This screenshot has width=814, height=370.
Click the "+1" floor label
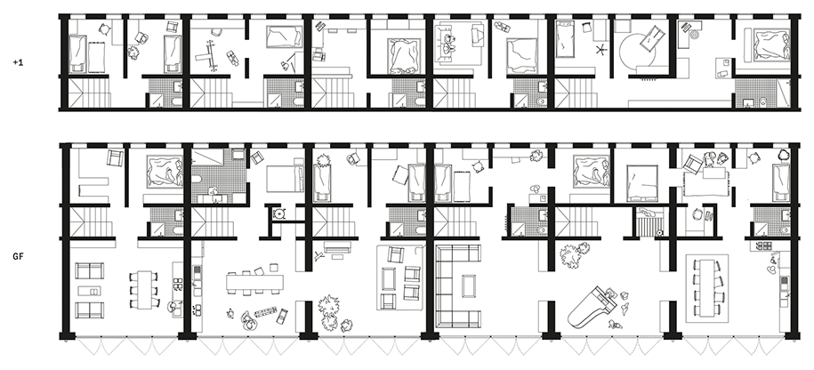point(18,62)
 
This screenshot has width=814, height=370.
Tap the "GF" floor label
point(18,256)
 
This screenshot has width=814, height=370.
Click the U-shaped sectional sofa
point(458,286)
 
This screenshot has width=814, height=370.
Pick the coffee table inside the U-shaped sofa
point(468,286)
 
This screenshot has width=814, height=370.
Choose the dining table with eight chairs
point(706,287)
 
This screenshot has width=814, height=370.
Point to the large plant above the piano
point(575,255)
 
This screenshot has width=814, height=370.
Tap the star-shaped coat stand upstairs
point(601,51)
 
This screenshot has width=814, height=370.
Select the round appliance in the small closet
point(280,213)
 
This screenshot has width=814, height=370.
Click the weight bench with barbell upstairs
point(212,55)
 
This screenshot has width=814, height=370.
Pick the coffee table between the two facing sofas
point(89,291)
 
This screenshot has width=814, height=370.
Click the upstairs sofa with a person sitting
point(452,41)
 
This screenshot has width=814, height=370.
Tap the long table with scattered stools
point(254,282)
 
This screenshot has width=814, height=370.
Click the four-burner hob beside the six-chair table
point(178,285)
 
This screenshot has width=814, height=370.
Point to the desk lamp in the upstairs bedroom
point(286,65)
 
